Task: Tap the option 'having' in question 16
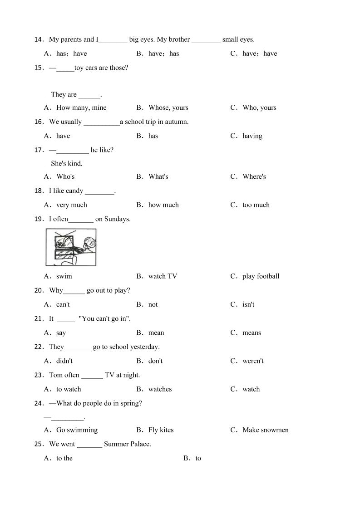coord(252,136)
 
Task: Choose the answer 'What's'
coord(158,176)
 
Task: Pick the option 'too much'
coord(256,205)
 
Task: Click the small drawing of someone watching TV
coord(71,247)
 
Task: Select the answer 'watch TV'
coord(163,276)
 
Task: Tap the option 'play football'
coord(261,276)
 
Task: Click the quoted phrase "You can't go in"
coord(104,318)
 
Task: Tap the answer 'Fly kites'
coord(161,430)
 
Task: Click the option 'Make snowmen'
coord(265,430)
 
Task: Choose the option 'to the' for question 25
coord(64,458)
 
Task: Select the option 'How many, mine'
coord(81,108)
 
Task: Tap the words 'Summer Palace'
coord(127,444)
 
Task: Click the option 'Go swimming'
coord(77,430)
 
